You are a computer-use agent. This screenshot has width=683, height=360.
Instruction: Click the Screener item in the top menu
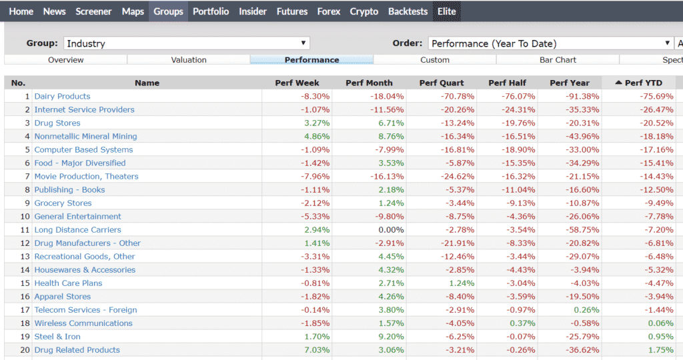[x=93, y=11]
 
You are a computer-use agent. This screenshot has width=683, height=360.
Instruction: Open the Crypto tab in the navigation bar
[x=364, y=11]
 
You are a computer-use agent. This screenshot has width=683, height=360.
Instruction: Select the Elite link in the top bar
[x=446, y=11]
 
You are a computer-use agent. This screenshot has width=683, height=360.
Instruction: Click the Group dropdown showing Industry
[x=187, y=43]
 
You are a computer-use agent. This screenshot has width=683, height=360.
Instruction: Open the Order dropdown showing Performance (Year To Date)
[x=550, y=43]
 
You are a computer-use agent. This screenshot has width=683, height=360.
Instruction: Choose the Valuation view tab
[x=189, y=60]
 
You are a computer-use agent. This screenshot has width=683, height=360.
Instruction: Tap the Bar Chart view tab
[x=558, y=60]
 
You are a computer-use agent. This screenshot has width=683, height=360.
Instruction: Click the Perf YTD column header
[x=639, y=83]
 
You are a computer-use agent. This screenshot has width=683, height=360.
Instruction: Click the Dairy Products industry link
[x=62, y=96]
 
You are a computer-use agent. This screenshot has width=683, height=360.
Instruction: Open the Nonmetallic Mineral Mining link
[x=85, y=136]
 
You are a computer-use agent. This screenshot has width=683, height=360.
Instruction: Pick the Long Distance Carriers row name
[x=77, y=229]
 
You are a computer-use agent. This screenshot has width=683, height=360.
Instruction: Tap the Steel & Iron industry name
[x=57, y=336]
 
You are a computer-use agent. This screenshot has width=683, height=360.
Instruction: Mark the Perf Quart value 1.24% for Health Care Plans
[x=461, y=283]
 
